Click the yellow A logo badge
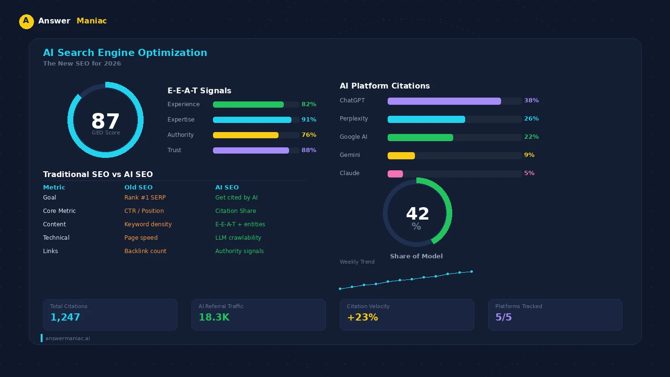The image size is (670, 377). click(x=26, y=22)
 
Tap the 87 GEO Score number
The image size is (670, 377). click(x=105, y=121)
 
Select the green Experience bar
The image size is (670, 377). click(x=248, y=104)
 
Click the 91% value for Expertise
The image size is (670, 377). click(x=309, y=120)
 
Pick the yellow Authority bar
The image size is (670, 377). click(x=246, y=135)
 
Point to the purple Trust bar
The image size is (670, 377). click(x=251, y=150)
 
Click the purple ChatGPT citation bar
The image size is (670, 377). click(x=444, y=101)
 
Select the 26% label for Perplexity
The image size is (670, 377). click(x=531, y=119)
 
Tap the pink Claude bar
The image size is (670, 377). click(x=395, y=174)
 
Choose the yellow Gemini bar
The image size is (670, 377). click(x=401, y=155)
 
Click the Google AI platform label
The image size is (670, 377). click(x=353, y=137)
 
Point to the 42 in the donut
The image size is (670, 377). click(x=417, y=214)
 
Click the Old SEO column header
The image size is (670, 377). click(x=138, y=188)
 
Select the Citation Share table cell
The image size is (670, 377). click(x=235, y=211)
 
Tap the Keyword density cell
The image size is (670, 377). click(x=148, y=224)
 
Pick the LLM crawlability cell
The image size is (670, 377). click(x=238, y=238)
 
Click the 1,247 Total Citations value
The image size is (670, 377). click(x=65, y=317)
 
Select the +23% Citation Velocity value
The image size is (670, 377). click(x=362, y=317)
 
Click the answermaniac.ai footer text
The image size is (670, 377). click(x=67, y=338)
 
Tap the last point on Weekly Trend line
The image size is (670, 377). click(x=471, y=272)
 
